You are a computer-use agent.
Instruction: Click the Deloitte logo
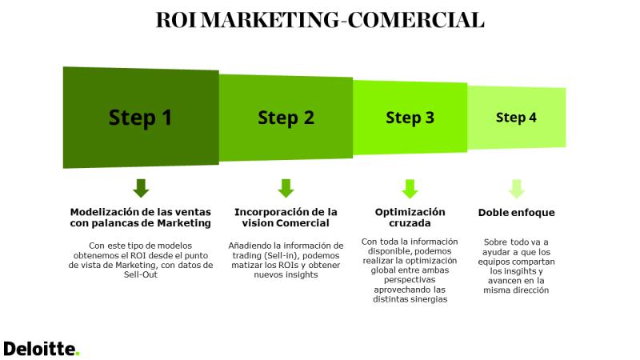(42, 349)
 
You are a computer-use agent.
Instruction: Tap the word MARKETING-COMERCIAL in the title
(343, 19)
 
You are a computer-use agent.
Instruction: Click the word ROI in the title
(176, 19)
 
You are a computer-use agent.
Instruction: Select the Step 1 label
(141, 118)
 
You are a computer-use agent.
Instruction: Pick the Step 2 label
(286, 118)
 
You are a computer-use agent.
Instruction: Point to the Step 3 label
(410, 118)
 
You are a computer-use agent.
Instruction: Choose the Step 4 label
(516, 118)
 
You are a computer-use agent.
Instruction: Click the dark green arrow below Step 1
(141, 188)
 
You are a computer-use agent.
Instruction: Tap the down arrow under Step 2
(286, 188)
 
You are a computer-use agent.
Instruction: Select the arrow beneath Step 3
(410, 189)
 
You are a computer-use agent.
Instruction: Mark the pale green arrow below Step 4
(516, 189)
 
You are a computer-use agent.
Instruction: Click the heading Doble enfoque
(516, 213)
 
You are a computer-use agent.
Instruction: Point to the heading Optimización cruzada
(410, 218)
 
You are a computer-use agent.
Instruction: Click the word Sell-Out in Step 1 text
(141, 274)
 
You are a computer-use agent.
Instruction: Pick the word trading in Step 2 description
(247, 256)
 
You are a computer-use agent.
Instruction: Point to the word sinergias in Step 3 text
(429, 299)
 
